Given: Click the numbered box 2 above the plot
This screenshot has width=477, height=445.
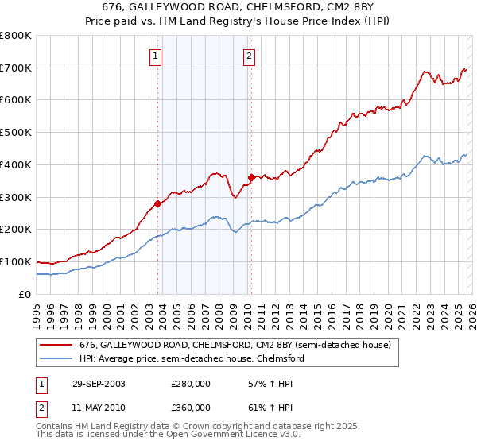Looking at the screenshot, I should pyautogui.click(x=249, y=56).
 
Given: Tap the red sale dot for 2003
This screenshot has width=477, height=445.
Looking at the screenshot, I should pyautogui.click(x=158, y=203).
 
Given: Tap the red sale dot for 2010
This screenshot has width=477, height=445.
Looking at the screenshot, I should pyautogui.click(x=251, y=177).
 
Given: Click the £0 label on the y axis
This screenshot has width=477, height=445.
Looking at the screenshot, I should pyautogui.click(x=24, y=294).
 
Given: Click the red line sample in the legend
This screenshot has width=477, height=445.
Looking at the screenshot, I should pyautogui.click(x=56, y=346).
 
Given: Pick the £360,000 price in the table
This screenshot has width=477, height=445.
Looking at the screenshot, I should pyautogui.click(x=191, y=407).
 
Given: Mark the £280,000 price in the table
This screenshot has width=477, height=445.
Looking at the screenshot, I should pyautogui.click(x=191, y=383).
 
